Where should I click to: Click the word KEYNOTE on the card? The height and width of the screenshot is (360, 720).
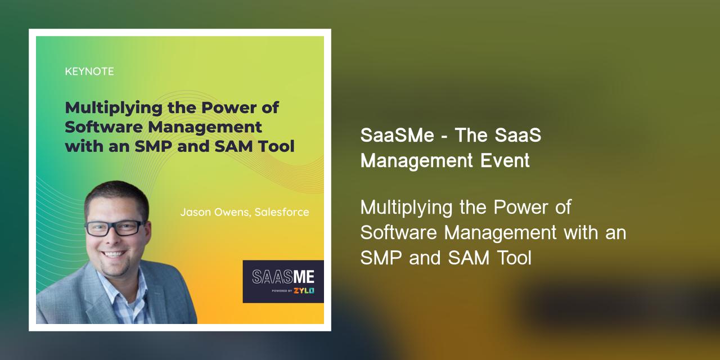click(x=89, y=71)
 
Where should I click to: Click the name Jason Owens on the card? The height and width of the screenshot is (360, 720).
click(x=215, y=212)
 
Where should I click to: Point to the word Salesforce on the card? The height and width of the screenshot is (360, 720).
click(x=282, y=212)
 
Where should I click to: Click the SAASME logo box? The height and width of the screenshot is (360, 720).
click(x=283, y=281)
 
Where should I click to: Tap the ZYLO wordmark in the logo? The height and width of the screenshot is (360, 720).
click(x=304, y=291)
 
